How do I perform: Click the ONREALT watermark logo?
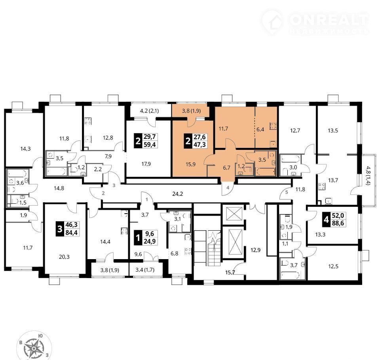315,22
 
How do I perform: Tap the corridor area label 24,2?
177,194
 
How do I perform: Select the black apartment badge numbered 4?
326,220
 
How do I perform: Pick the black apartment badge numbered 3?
60,229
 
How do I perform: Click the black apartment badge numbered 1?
138,238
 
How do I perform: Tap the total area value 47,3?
199,145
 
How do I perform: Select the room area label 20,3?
64,257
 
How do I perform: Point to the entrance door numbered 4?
227,188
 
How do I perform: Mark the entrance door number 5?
287,192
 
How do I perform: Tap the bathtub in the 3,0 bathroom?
291,159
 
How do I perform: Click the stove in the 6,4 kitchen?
274,126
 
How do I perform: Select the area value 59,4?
150,145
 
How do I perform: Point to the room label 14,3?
25,149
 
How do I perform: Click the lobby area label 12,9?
255,250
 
